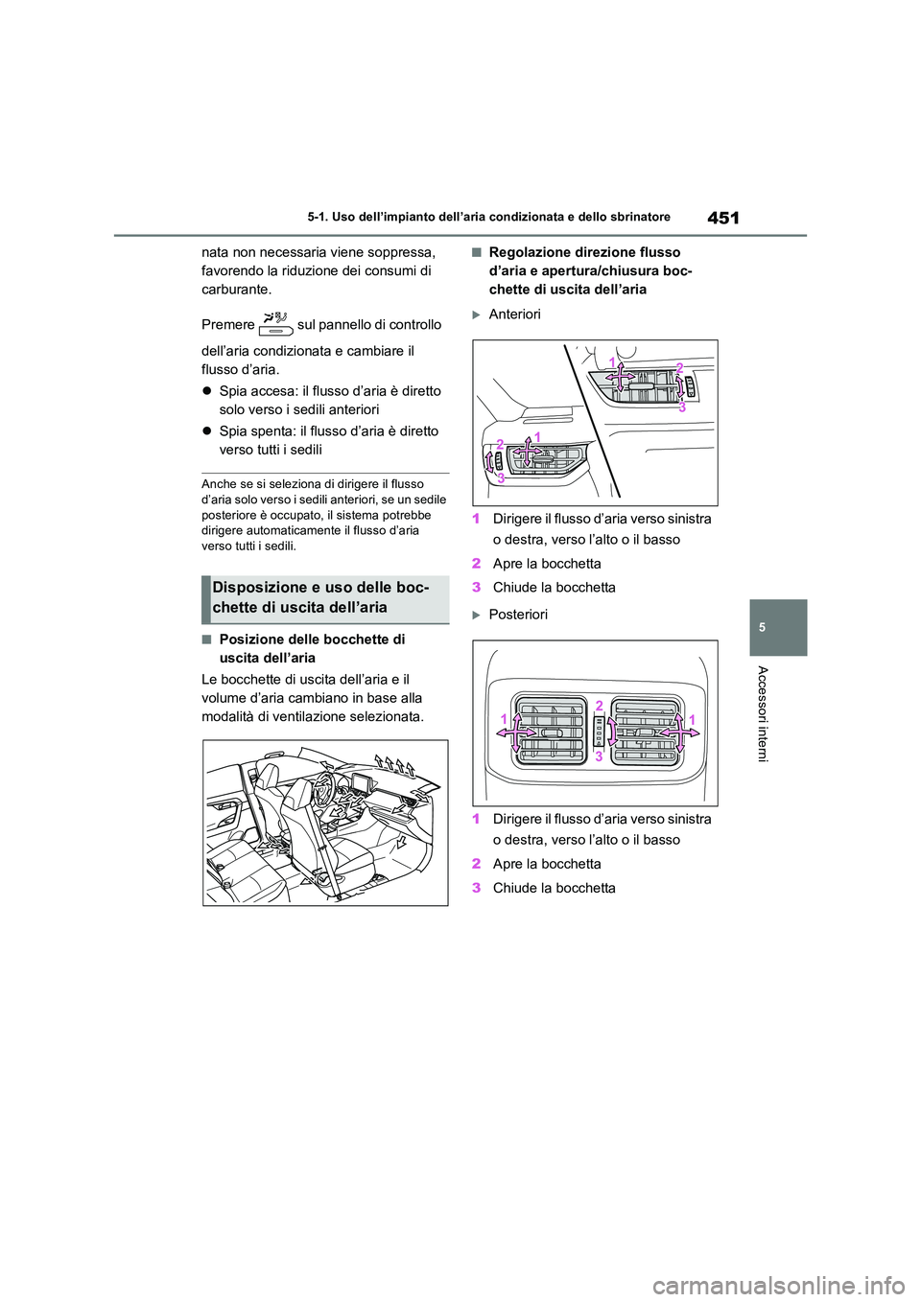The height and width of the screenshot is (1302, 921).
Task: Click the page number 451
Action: [x=722, y=218]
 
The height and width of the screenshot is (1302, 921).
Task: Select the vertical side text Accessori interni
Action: [x=763, y=713]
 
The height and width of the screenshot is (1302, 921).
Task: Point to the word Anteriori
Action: [x=514, y=314]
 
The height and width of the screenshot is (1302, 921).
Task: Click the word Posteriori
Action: [x=518, y=615]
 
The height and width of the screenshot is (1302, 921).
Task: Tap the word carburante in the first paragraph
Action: [x=236, y=290]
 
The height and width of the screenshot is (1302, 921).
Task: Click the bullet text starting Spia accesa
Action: [x=329, y=400]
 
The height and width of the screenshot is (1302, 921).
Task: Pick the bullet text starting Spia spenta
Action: [x=328, y=440]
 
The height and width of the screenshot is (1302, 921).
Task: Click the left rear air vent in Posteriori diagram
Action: [x=549, y=730]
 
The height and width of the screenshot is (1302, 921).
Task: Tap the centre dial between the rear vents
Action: [x=600, y=732]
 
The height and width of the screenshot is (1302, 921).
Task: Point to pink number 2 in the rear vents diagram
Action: [x=599, y=707]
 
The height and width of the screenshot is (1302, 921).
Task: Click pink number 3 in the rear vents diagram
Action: [x=599, y=756]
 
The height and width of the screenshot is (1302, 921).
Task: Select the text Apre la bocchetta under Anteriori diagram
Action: [x=546, y=564]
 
